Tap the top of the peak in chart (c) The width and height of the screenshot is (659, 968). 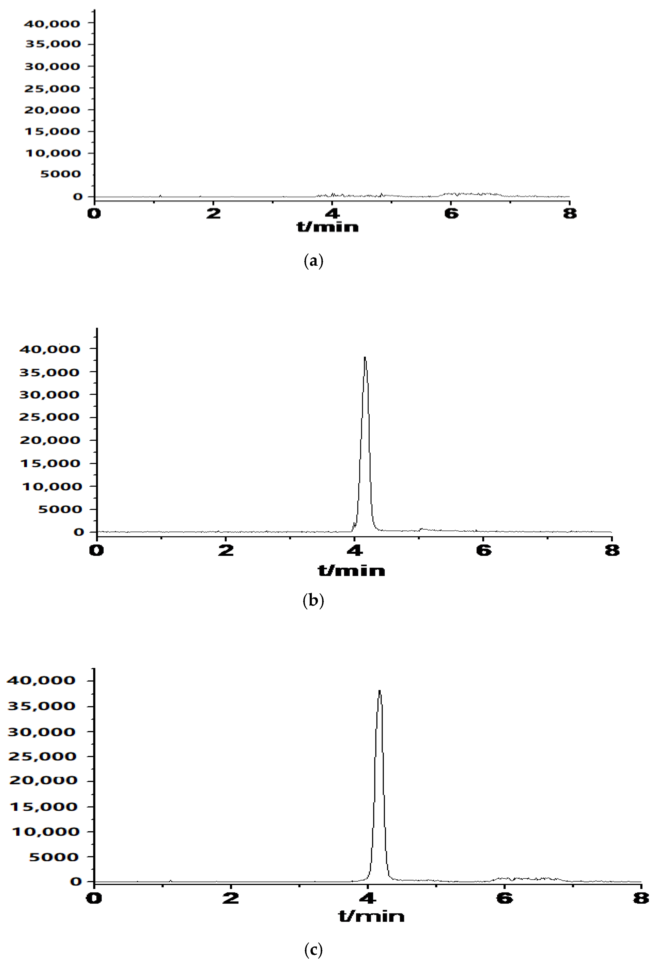pyautogui.click(x=379, y=691)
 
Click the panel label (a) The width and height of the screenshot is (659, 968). pyautogui.click(x=313, y=261)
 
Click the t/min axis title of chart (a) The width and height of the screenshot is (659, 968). pyautogui.click(x=328, y=227)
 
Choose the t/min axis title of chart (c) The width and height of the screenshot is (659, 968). pyautogui.click(x=371, y=916)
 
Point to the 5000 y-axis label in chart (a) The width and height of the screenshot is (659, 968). pyautogui.click(x=60, y=174)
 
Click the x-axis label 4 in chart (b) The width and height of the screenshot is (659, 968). pyautogui.click(x=354, y=551)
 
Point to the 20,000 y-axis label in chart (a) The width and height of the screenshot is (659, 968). pyautogui.click(x=52, y=110)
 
